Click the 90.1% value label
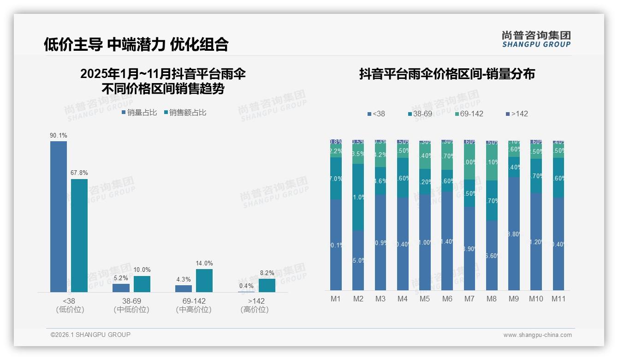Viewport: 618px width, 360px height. pyautogui.click(x=59, y=136)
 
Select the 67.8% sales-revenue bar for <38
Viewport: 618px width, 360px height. pyautogui.click(x=79, y=235)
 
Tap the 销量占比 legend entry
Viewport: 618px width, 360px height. pyautogui.click(x=139, y=113)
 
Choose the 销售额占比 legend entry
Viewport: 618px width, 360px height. pyautogui.click(x=185, y=113)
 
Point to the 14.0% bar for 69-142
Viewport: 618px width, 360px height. pyautogui.click(x=204, y=281)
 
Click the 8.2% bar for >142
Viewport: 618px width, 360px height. pyautogui.click(x=267, y=285)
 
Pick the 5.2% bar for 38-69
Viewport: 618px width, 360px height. pyautogui.click(x=121, y=288)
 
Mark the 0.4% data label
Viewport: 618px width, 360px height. pyautogui.click(x=246, y=286)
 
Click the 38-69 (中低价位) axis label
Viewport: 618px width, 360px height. pyautogui.click(x=131, y=305)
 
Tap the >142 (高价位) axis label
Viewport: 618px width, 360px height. pyautogui.click(x=255, y=305)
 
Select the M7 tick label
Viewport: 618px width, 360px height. pyautogui.click(x=469, y=299)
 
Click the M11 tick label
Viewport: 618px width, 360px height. pyautogui.click(x=559, y=299)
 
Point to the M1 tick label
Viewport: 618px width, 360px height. pyautogui.click(x=336, y=299)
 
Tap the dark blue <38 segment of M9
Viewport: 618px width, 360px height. pyautogui.click(x=514, y=234)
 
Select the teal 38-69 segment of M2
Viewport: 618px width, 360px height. pyautogui.click(x=358, y=197)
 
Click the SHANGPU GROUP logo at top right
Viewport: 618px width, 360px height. pyautogui.click(x=536, y=39)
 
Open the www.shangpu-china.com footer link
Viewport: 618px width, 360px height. pyautogui.click(x=537, y=335)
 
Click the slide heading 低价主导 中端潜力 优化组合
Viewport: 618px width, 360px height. pyautogui.click(x=136, y=44)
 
